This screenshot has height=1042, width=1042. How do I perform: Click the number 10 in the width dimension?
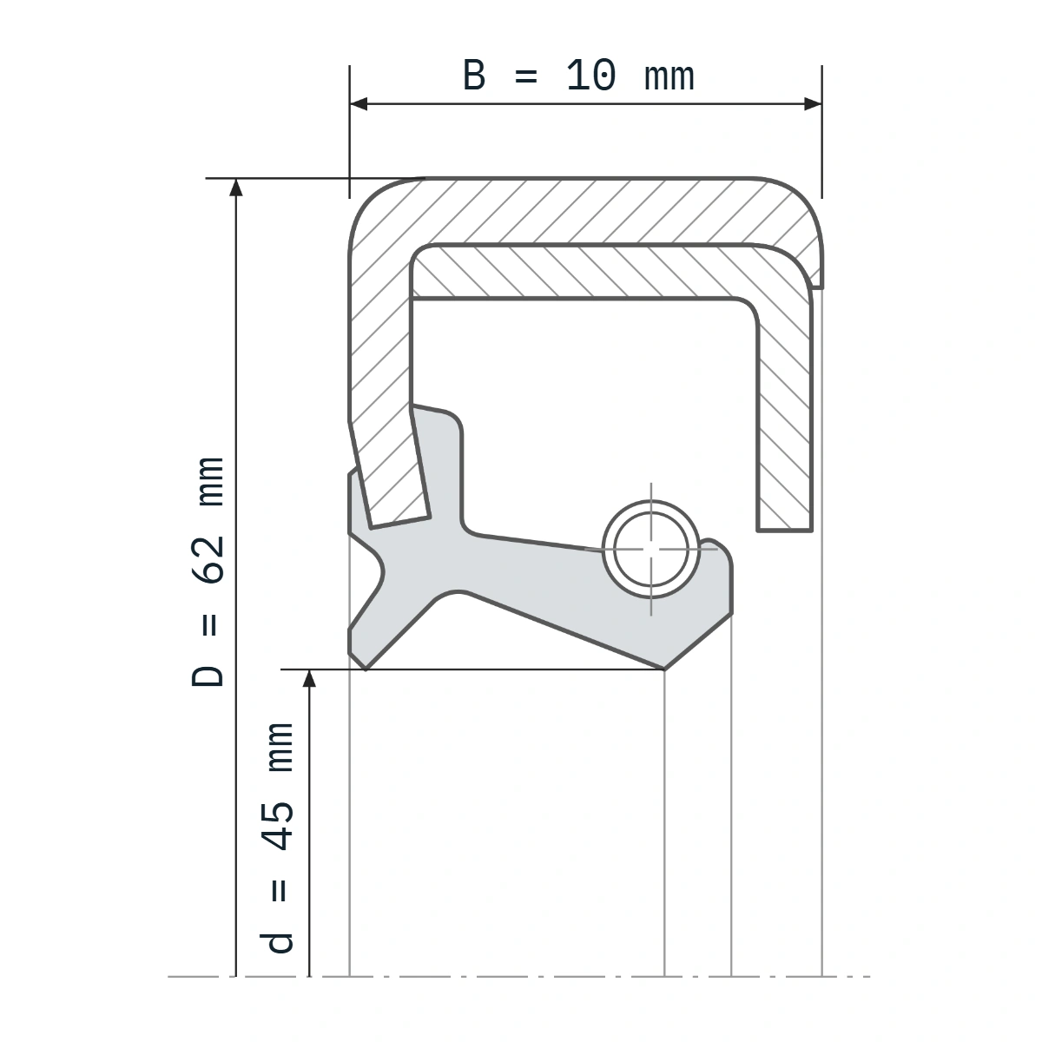(x=591, y=76)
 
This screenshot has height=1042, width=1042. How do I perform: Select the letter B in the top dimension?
(x=474, y=76)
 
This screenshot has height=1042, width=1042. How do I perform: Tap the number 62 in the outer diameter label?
(x=208, y=560)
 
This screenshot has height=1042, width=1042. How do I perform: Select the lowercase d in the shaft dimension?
(x=278, y=942)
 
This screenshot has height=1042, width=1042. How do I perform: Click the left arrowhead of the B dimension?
(x=359, y=104)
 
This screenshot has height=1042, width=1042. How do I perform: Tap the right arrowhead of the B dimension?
(x=813, y=104)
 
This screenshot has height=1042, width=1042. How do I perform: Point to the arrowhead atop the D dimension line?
(x=236, y=187)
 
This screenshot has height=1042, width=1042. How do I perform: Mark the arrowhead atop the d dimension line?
(x=309, y=679)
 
